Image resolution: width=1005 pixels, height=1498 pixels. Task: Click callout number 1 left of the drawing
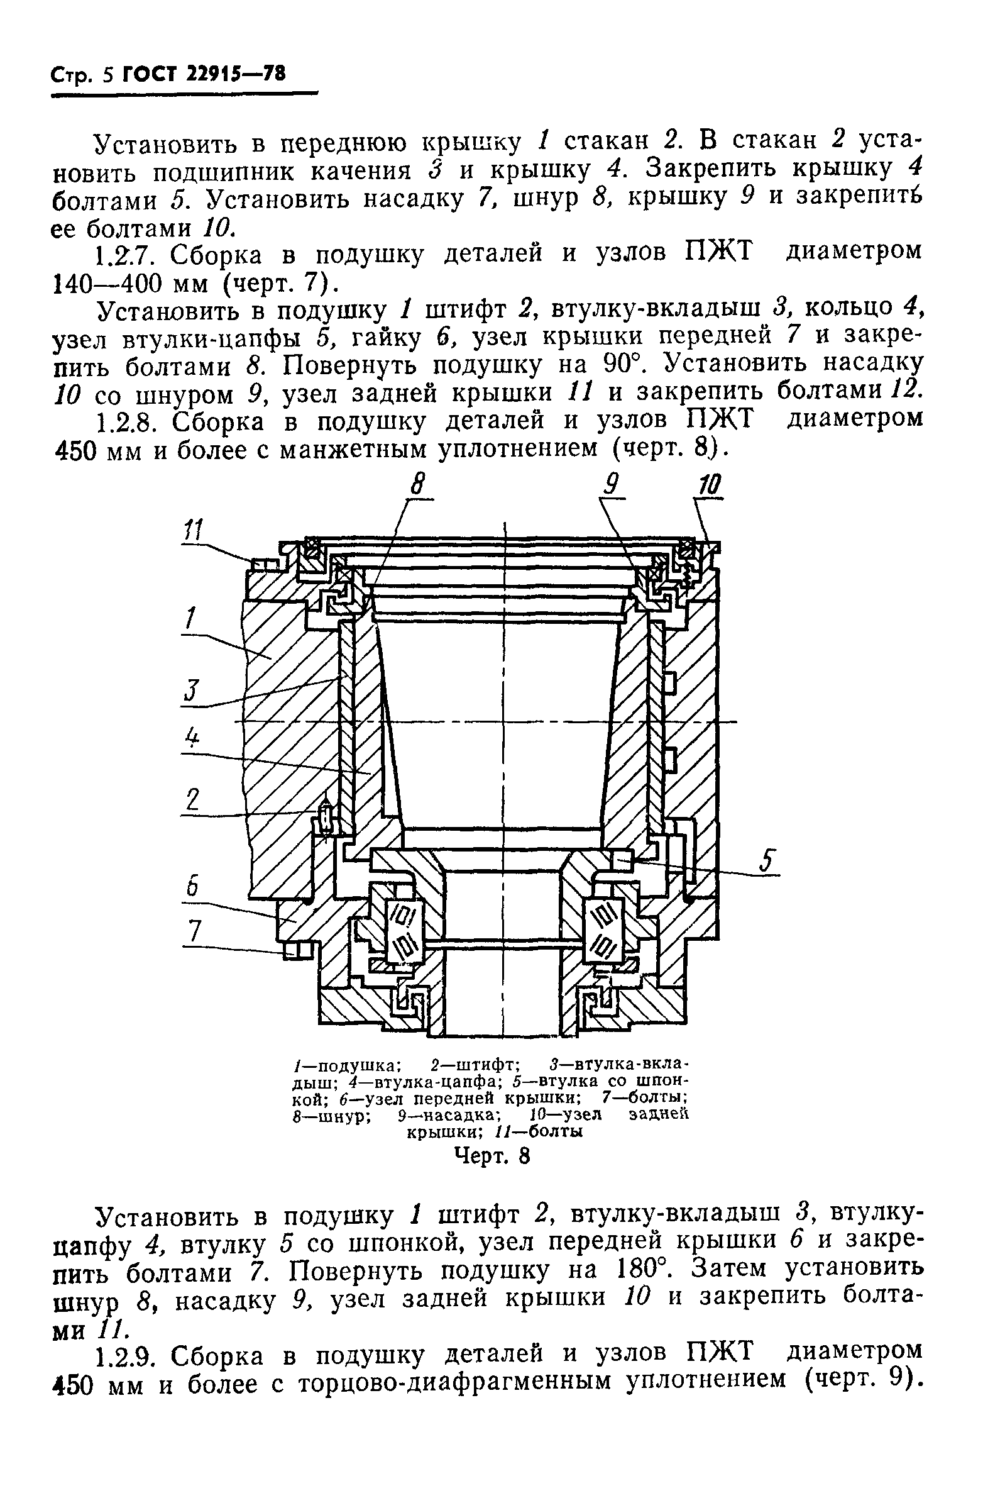pos(189,619)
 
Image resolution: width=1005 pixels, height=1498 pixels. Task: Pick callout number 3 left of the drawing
pos(191,692)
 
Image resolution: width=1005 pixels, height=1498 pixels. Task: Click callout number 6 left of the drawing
pos(192,887)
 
